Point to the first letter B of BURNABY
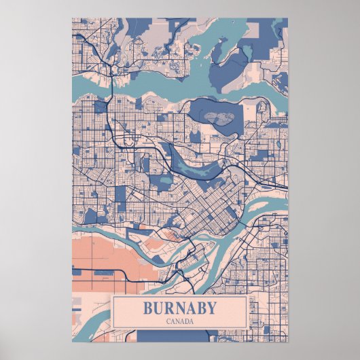(147, 308)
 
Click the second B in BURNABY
(200, 308)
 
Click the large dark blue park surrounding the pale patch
(204, 109)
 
